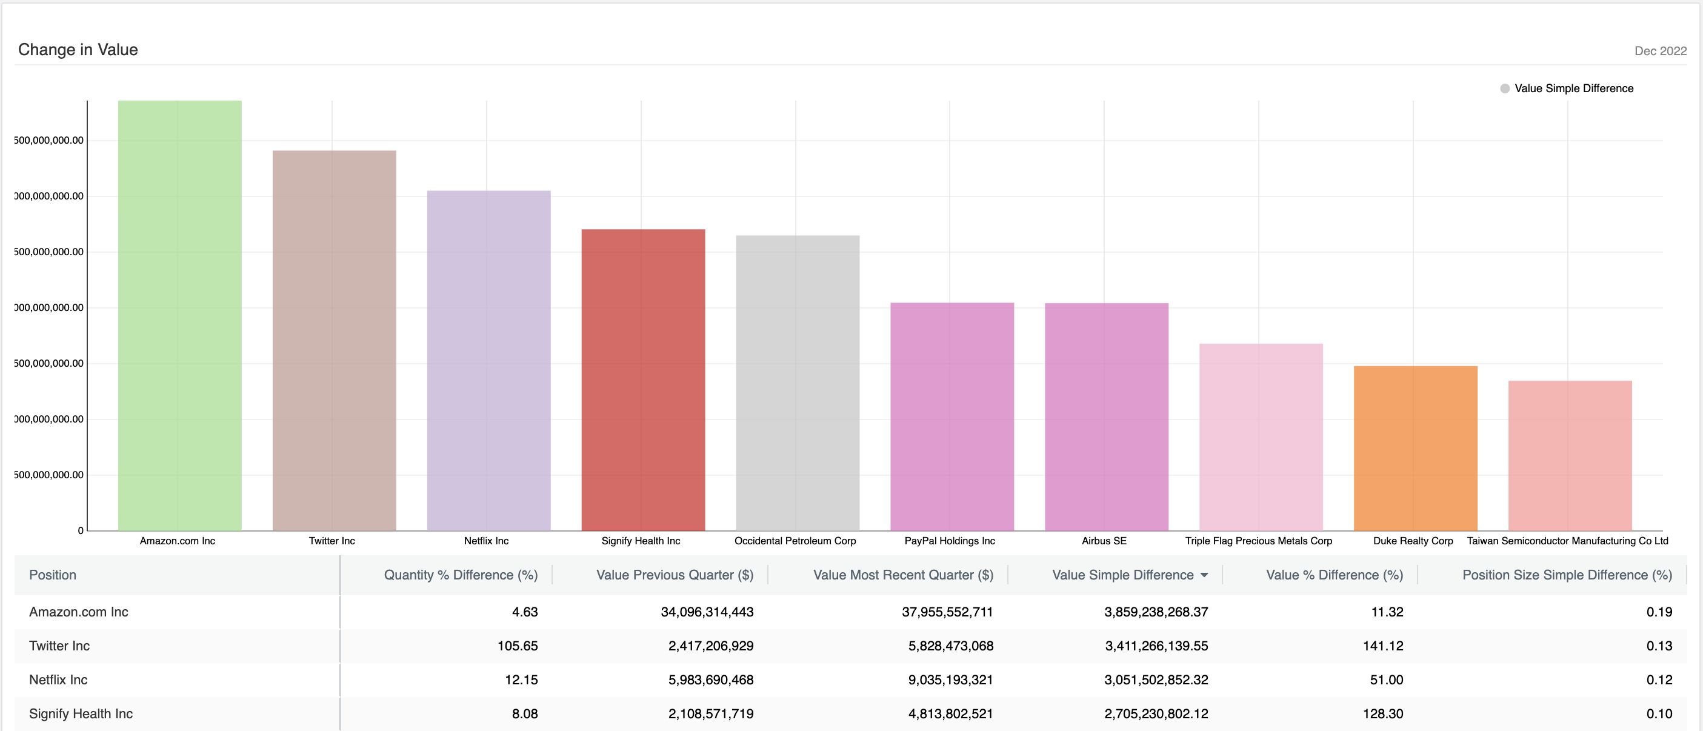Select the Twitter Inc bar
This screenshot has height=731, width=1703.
pos(334,341)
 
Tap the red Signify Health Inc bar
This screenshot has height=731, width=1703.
pos(642,380)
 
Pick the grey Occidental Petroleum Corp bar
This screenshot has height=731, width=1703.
pos(798,382)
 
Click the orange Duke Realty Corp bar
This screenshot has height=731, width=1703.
pos(1415,448)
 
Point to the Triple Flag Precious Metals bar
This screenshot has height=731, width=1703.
pos(1261,437)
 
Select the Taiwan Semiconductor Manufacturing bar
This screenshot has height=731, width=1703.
pos(1570,455)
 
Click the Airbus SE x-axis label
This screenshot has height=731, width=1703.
pos(1104,541)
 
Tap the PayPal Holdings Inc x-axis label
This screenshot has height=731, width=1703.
pos(949,541)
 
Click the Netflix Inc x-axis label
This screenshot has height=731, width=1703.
pos(486,541)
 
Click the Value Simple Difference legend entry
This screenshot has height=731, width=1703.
pos(1573,88)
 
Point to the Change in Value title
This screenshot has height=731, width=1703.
pos(78,50)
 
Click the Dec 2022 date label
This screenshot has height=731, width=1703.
pos(1659,51)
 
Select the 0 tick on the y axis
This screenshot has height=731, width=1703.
pos(81,530)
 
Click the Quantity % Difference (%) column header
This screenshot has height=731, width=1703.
pos(460,575)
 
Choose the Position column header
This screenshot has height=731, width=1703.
pos(53,575)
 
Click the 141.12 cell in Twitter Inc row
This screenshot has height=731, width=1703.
pos(1382,646)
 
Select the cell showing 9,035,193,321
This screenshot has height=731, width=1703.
pos(950,679)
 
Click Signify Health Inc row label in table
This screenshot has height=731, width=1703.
pos(81,714)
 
